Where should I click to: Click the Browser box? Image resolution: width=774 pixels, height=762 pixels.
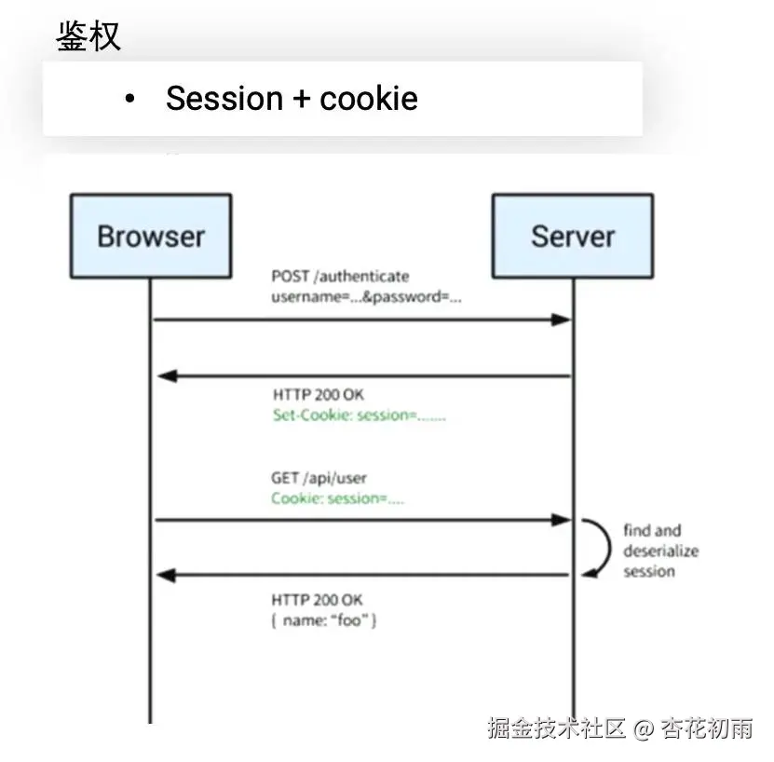point(150,236)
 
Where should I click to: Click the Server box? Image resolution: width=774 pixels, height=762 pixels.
point(572,236)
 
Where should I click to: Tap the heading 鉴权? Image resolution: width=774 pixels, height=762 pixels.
point(88,36)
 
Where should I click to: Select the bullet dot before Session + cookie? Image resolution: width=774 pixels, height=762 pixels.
point(130,99)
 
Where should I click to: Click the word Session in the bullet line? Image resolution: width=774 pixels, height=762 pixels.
point(224,99)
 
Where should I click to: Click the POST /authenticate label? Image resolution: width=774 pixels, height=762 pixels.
point(340,277)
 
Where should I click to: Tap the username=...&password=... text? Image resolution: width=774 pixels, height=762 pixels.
point(366,297)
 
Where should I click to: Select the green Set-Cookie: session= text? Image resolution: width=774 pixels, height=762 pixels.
point(359,415)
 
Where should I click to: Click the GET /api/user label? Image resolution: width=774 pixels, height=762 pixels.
point(319,479)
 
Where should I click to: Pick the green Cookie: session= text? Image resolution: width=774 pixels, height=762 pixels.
point(337,499)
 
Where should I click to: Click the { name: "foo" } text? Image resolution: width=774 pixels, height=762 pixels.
point(324,619)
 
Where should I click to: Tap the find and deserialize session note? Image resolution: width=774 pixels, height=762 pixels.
point(660,551)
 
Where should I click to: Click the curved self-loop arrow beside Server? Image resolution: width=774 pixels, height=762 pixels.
point(594,547)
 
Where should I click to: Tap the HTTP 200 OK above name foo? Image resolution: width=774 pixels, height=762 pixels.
point(317,599)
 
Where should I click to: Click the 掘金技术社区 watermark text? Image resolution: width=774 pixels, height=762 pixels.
point(556,728)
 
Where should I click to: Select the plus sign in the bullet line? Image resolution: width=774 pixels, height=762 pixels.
point(302,99)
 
